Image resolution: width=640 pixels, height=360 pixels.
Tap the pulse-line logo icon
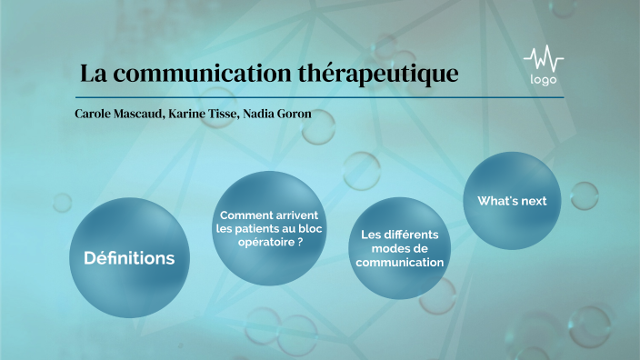(x=543, y=61)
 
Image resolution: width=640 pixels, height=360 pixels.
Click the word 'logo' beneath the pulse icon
(x=543, y=80)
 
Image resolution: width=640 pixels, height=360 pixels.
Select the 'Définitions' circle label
(x=129, y=258)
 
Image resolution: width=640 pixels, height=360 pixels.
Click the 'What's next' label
(x=512, y=201)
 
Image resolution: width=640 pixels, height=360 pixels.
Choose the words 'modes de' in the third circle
(x=401, y=248)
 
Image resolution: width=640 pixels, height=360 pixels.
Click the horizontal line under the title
(x=319, y=96)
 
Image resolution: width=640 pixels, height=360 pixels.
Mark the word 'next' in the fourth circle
(x=534, y=201)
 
